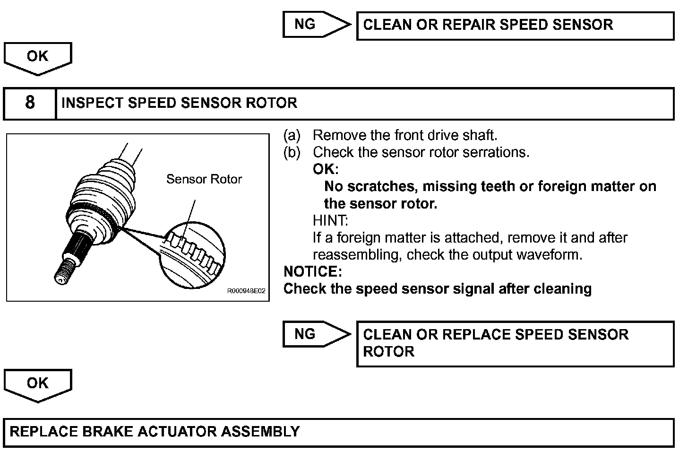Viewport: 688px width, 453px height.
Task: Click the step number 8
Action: (x=30, y=103)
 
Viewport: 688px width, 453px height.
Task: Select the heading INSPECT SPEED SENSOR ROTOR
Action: (x=179, y=103)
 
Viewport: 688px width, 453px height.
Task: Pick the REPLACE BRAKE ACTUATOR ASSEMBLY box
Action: (x=338, y=432)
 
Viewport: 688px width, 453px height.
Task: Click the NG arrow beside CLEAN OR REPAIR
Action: (x=316, y=25)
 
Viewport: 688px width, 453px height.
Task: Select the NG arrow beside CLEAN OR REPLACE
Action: (x=316, y=334)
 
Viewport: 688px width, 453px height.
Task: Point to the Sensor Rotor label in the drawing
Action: (x=204, y=179)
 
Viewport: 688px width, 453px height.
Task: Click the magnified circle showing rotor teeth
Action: (x=192, y=256)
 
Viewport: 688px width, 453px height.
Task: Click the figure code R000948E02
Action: (x=246, y=292)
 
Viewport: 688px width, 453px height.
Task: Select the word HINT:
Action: (x=330, y=220)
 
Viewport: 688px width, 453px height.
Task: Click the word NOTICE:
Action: (x=312, y=271)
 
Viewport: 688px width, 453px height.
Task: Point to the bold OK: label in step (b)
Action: (x=325, y=169)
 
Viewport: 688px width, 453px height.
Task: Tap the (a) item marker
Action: (x=292, y=136)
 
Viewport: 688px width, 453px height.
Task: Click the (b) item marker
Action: (x=292, y=153)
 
